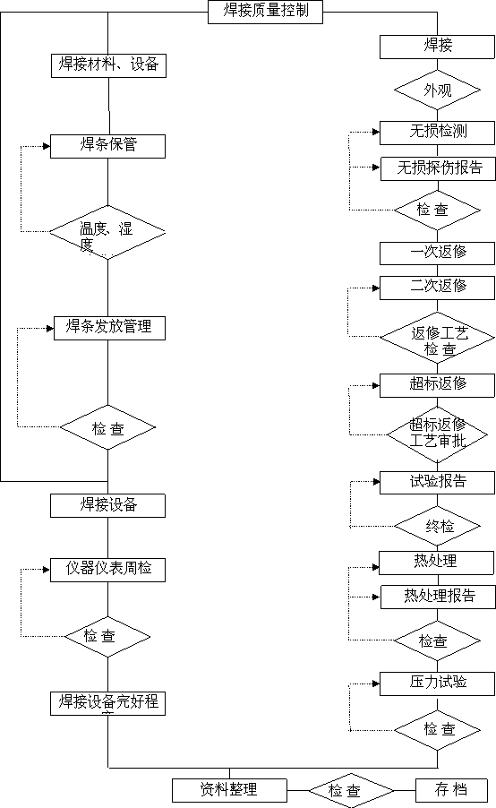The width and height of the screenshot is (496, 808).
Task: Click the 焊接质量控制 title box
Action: click(x=265, y=12)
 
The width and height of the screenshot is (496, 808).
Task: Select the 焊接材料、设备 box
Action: click(x=108, y=65)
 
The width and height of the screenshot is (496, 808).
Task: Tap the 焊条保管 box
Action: click(x=107, y=146)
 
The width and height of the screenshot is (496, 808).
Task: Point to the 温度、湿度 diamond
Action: click(x=107, y=232)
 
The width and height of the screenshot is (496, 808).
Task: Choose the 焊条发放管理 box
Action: click(x=110, y=328)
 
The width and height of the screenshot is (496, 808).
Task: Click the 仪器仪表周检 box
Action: click(x=107, y=570)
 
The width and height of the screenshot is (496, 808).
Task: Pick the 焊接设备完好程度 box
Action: click(x=107, y=703)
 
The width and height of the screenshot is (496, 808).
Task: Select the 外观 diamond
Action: click(x=437, y=90)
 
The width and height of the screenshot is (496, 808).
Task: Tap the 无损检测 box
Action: click(x=437, y=133)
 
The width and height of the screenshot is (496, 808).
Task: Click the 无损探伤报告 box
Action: click(x=439, y=169)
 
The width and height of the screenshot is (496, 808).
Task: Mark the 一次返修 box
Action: click(x=437, y=253)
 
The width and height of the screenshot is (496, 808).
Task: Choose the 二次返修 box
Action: click(x=437, y=288)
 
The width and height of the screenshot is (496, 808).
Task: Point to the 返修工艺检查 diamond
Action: click(x=437, y=338)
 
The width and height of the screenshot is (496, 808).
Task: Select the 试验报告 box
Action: click(x=437, y=483)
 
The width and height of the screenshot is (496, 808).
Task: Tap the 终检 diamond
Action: click(x=437, y=526)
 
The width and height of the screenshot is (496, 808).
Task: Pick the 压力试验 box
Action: click(x=437, y=683)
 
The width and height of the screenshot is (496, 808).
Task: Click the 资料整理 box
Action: click(x=229, y=790)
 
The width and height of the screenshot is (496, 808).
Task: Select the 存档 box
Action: click(x=451, y=790)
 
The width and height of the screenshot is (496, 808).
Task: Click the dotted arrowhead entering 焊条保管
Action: click(x=47, y=147)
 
